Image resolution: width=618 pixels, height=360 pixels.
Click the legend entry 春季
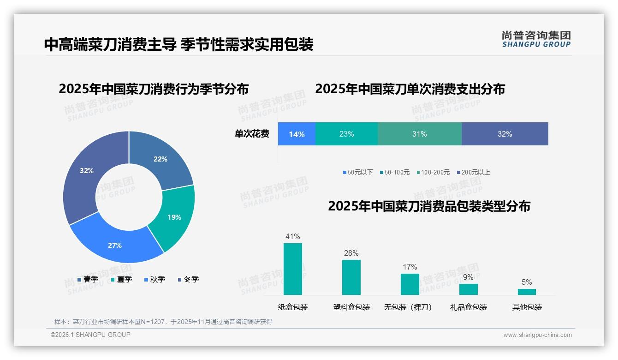tap(88, 279)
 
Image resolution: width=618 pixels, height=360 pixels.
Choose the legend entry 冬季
tap(187, 279)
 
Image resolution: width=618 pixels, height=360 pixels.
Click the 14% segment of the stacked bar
tap(297, 134)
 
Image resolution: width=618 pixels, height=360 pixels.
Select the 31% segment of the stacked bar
tap(419, 134)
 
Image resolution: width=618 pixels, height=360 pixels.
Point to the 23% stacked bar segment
tap(346, 134)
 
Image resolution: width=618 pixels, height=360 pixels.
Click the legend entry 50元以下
tap(357, 172)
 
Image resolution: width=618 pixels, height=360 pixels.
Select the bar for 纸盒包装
tap(292, 269)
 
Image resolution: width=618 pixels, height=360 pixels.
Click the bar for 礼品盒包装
tap(468, 289)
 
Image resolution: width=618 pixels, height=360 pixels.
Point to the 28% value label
tap(351, 253)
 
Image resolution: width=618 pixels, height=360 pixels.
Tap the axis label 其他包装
tap(527, 307)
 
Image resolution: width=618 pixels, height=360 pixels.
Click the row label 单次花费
tap(252, 134)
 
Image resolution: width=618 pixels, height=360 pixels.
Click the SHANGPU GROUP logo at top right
tap(536, 39)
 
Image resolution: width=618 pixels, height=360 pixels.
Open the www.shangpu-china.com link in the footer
tap(537, 335)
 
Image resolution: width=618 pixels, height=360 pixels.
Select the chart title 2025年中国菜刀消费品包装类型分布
tap(429, 206)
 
